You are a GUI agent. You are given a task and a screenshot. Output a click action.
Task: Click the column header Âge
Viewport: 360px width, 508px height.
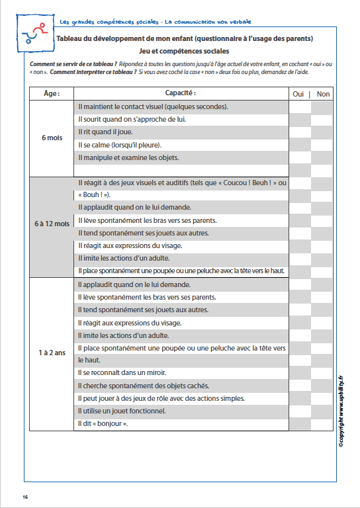coord(51,94)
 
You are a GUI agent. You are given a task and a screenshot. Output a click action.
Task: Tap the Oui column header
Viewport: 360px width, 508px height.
coord(298,94)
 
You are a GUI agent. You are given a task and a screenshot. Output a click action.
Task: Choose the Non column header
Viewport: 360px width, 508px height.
coord(323,94)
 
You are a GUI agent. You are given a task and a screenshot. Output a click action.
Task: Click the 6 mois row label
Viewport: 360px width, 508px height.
coord(51,138)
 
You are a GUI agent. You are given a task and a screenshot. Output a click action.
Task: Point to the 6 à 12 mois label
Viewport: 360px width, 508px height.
coord(51,224)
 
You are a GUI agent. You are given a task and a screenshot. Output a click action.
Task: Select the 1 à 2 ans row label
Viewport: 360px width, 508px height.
coord(51,353)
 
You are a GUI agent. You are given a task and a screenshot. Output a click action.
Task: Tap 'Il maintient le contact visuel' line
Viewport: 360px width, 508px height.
coord(153,106)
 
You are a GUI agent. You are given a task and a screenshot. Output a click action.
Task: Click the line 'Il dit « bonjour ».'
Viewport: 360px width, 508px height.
coord(103,423)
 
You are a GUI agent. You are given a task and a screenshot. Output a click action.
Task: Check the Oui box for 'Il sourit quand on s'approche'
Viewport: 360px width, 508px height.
coord(299,120)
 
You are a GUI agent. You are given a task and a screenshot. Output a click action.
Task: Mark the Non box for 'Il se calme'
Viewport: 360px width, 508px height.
coord(322,145)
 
